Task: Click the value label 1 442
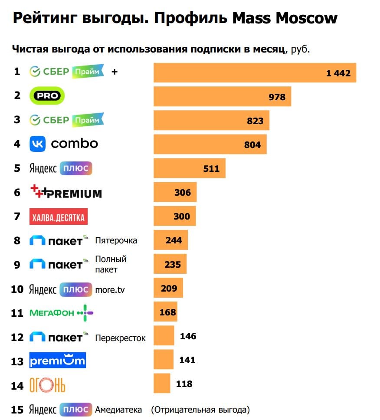pos(338,73)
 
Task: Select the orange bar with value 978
pos(222,96)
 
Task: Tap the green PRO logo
pos(47,96)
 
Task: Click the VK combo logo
pos(64,144)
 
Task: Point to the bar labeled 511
pos(189,168)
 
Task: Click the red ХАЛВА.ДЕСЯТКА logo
pos(59,217)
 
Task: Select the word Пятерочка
pos(116,240)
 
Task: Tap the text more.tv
pos(110,289)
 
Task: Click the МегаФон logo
pos(61,313)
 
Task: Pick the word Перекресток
pos(120,338)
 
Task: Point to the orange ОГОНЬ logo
pos(47,385)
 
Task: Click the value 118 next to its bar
pos(184,384)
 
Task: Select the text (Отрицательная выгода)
pos(200,410)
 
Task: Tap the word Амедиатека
pos(118,410)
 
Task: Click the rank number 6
pos(17,192)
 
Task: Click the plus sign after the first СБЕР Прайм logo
pos(115,72)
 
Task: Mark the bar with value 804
pos(210,144)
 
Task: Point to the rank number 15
pos(17,410)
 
